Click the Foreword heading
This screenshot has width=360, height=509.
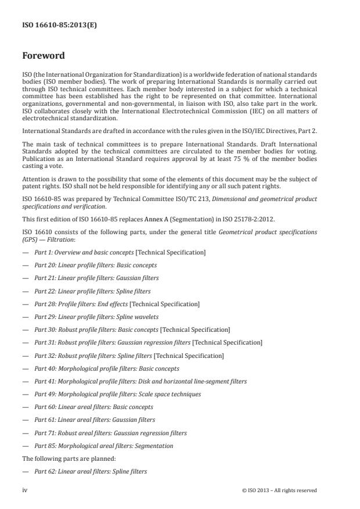pyautogui.click(x=43, y=56)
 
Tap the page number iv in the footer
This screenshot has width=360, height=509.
pyautogui.click(x=25, y=490)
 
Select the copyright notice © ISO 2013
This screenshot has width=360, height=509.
pyautogui.click(x=279, y=490)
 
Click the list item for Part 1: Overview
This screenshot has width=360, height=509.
pyautogui.click(x=120, y=252)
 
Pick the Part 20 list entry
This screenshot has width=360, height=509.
pyautogui.click(x=95, y=265)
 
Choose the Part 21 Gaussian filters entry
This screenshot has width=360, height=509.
pyautogui.click(x=96, y=278)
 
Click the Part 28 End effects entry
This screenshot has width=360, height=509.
pyautogui.click(x=117, y=304)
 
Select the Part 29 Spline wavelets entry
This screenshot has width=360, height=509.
pyautogui.click(x=96, y=317)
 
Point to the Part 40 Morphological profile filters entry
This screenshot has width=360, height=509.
pyautogui.click(x=107, y=368)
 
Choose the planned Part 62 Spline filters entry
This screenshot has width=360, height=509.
pyautogui.click(x=91, y=471)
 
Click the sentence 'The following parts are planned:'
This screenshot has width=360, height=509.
pyautogui.click(x=63, y=458)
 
